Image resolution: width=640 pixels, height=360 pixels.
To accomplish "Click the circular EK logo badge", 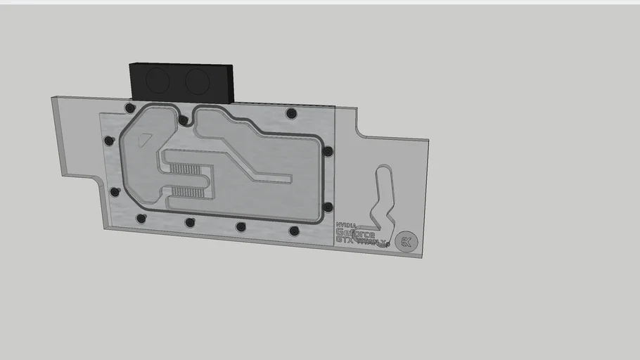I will click(x=405, y=241).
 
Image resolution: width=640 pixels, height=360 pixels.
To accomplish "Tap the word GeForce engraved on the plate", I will click(x=355, y=233).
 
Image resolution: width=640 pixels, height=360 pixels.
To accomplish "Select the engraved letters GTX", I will click(x=346, y=240).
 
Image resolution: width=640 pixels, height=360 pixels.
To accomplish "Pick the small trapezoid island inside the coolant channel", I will click(x=145, y=139).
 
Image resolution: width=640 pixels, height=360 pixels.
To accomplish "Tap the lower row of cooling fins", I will click(x=188, y=192).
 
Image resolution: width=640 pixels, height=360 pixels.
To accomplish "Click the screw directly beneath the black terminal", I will click(x=129, y=108).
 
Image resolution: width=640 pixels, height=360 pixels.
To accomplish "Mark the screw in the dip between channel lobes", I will click(x=183, y=120).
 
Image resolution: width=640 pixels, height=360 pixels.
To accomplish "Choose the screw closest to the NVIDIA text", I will click(x=294, y=231).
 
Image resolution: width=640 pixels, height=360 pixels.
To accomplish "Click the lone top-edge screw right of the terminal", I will click(x=292, y=113).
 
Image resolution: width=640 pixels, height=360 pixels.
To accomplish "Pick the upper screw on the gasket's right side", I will click(x=328, y=151).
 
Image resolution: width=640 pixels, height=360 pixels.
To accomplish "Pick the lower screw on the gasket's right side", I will click(x=328, y=207).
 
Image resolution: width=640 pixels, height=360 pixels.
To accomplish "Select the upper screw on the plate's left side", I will click(x=109, y=141).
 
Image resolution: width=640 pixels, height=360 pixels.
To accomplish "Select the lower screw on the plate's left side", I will click(x=115, y=191).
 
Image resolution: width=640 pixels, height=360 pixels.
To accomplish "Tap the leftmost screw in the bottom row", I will click(x=141, y=218).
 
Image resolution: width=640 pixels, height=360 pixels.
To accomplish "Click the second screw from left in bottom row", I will click(x=189, y=222).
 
